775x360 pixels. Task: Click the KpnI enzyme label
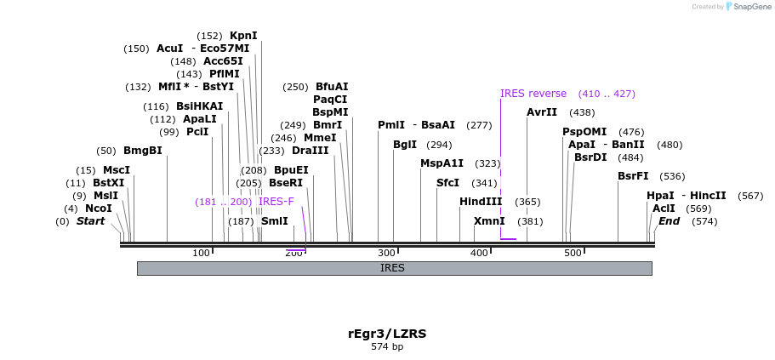point(242,36)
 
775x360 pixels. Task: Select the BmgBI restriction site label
point(142,151)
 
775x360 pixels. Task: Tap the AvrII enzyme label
point(541,112)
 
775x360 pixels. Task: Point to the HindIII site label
point(481,202)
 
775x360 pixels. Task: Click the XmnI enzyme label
point(488,221)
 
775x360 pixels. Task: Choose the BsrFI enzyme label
point(633,176)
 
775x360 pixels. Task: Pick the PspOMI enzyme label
point(584,132)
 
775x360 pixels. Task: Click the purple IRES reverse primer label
point(533,94)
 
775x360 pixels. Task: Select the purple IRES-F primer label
point(276,202)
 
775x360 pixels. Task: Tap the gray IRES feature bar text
point(392,268)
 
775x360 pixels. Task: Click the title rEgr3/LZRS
point(387,334)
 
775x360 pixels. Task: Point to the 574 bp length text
point(387,347)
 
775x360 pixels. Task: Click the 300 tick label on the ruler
point(387,254)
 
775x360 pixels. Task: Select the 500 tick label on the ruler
point(573,254)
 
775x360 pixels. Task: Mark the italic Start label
point(90,221)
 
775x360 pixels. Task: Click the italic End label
point(669,221)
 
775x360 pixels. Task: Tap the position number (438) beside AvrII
point(582,112)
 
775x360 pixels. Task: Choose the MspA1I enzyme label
point(442,163)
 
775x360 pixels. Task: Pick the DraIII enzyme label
point(310,151)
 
